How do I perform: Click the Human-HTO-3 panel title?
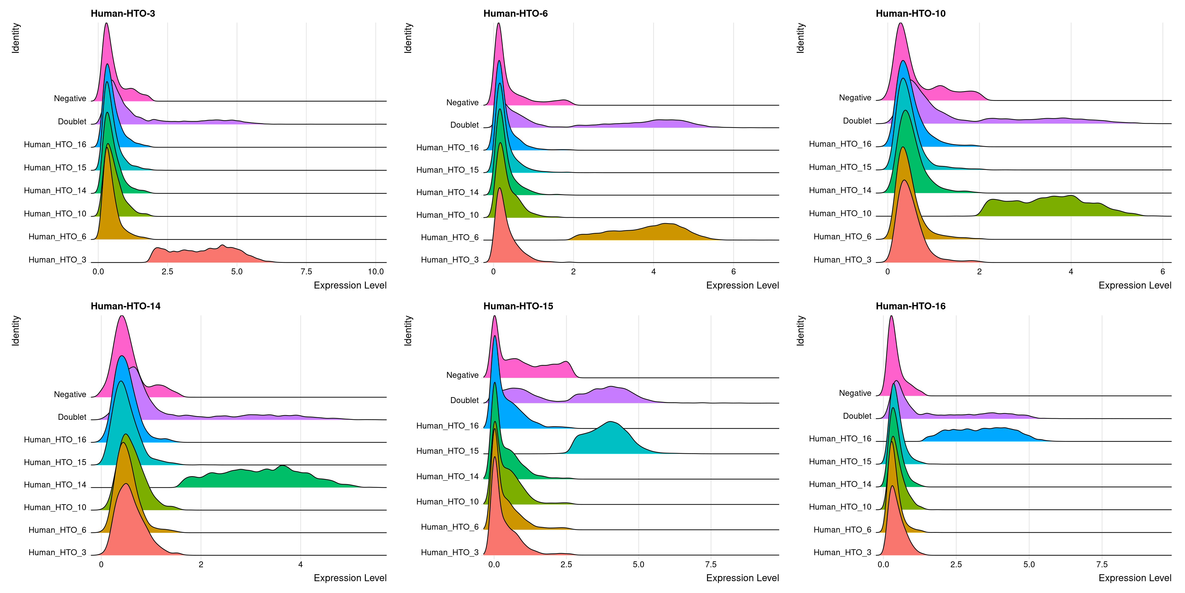pos(123,13)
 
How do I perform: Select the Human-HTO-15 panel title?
pos(518,306)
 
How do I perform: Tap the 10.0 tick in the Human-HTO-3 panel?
pos(376,272)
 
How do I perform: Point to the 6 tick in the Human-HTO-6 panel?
pos(733,272)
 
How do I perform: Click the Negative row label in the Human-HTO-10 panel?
pos(855,98)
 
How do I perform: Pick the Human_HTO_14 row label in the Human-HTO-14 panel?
pos(55,485)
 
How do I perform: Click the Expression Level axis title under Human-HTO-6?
pos(742,285)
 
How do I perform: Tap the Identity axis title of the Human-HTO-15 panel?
pos(408,330)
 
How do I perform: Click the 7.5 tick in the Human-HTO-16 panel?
pos(1102,564)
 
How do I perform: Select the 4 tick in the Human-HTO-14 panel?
pos(300,564)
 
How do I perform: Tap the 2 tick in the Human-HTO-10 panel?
pos(979,272)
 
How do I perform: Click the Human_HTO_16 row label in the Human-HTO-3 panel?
pos(55,145)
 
